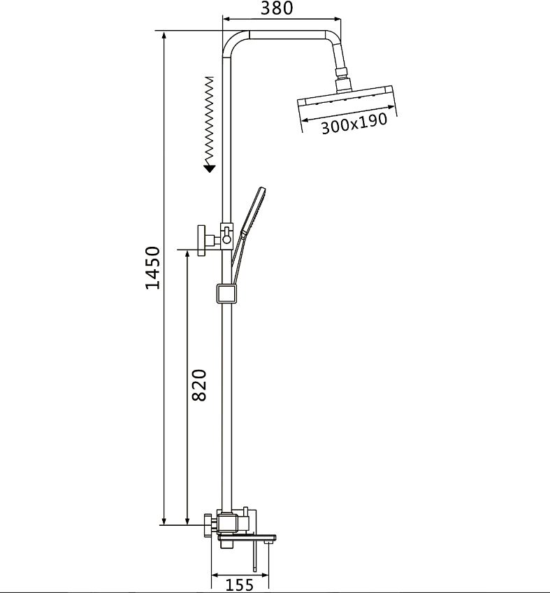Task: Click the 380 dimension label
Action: pos(277,8)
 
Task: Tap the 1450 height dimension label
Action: pos(153,268)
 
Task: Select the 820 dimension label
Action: pos(199,385)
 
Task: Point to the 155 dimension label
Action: pos(239,585)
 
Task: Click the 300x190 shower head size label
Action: pos(354,123)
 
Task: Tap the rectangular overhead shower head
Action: pos(347,99)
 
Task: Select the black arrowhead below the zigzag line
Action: pos(209,169)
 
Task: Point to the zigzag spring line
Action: pos(209,120)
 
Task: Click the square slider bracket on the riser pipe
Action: pos(226,294)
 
